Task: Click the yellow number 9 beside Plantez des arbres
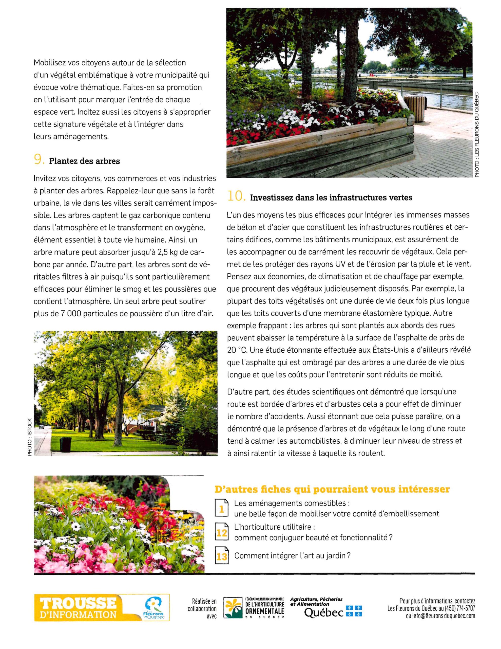(x=38, y=160)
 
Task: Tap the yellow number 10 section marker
(x=236, y=197)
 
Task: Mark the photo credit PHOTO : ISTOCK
(x=29, y=437)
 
